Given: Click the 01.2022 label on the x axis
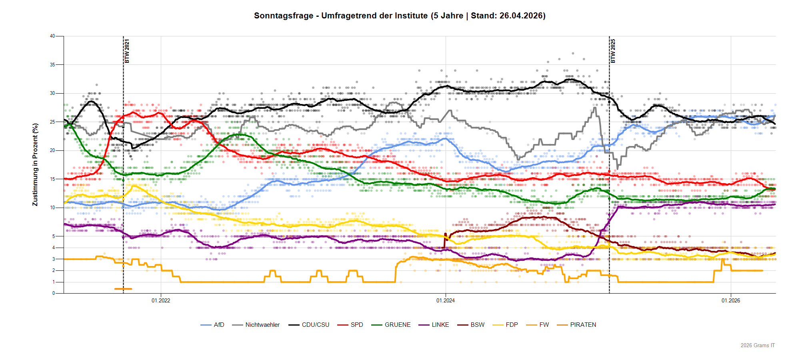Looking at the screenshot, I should coord(161,300).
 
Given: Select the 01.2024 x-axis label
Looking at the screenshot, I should coord(446,300).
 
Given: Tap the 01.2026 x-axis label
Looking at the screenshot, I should coord(731,300).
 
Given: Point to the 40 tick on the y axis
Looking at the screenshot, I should coord(52,36).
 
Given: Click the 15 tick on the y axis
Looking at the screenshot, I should coord(52,179).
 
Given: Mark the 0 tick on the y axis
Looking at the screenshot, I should coord(54,293).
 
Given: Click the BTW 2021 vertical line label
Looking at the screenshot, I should coord(127,51).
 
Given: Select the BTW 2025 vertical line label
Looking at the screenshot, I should coord(613,51).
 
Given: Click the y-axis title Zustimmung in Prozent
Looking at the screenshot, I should coord(35,165).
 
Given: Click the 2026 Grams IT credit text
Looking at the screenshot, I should coord(758,345).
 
